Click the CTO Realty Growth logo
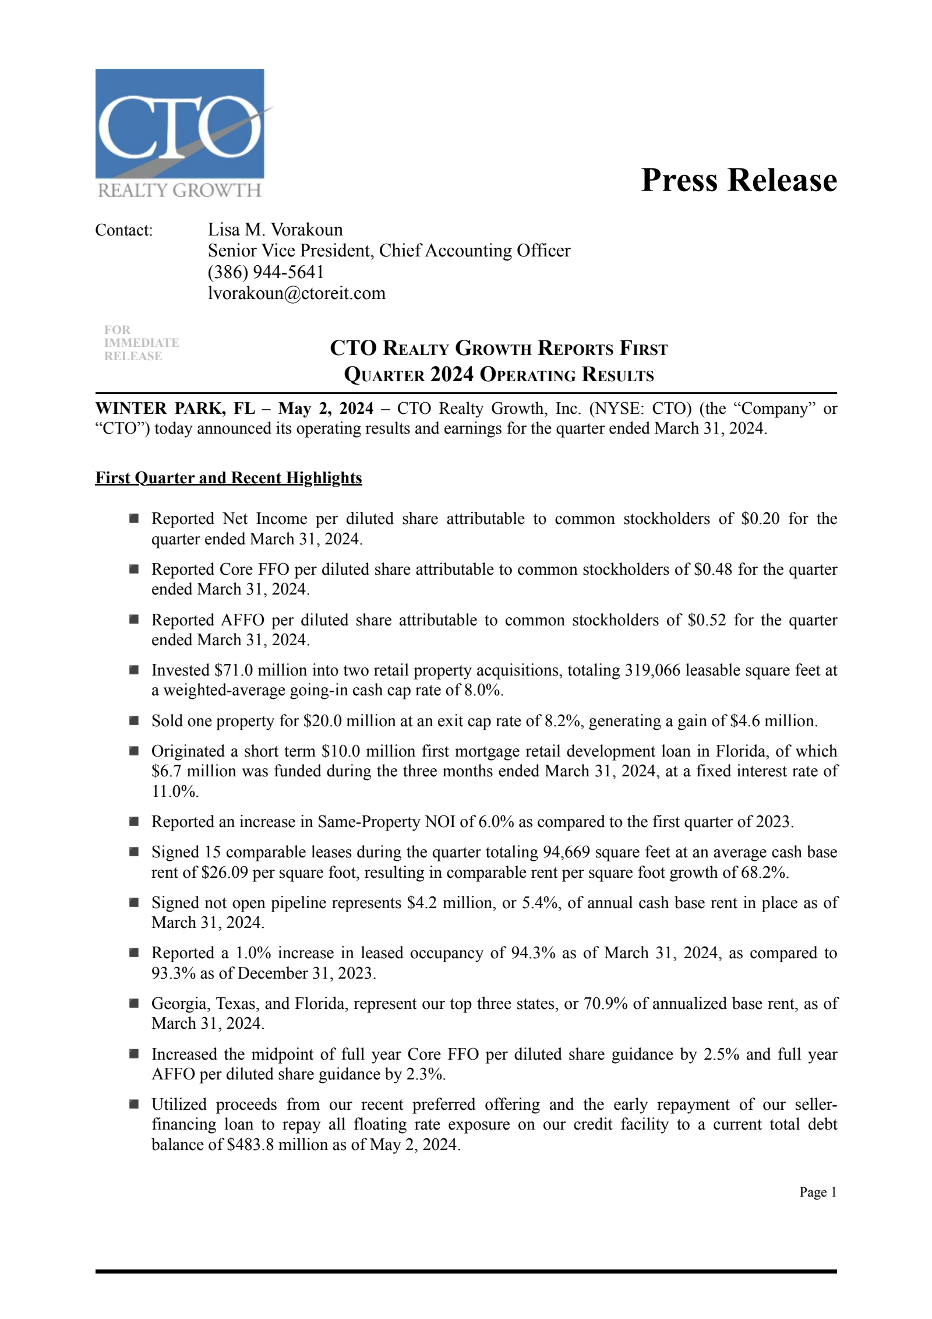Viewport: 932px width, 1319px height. pos(180,133)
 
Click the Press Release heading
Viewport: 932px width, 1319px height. pos(739,180)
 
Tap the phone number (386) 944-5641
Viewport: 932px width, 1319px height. pos(266,272)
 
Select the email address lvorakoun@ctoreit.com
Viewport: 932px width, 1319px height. pos(296,293)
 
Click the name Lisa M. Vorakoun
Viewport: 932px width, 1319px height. pos(275,229)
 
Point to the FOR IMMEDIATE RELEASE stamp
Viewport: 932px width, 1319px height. pos(141,343)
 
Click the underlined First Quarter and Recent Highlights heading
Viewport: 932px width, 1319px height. pos(228,478)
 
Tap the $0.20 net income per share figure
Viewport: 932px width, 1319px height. pos(760,518)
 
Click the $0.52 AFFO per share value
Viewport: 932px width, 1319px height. pos(707,620)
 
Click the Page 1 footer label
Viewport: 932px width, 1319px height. pos(818,1193)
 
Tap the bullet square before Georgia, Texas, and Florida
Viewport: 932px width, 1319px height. pos(134,1003)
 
